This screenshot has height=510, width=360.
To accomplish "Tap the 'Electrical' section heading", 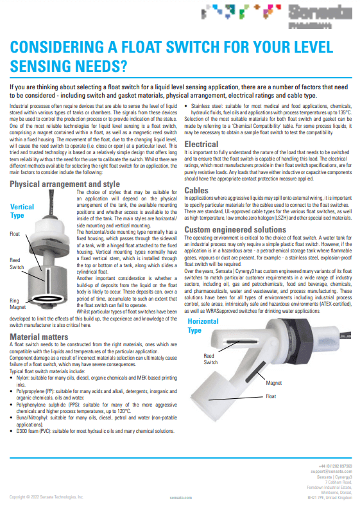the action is (201, 145).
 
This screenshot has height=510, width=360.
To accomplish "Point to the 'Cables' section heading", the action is (196, 191).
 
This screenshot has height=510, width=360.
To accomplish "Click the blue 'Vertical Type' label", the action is (22, 211).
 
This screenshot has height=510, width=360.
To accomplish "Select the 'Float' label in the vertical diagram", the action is (15, 234).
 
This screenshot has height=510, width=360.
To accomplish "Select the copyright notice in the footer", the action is (46, 497).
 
